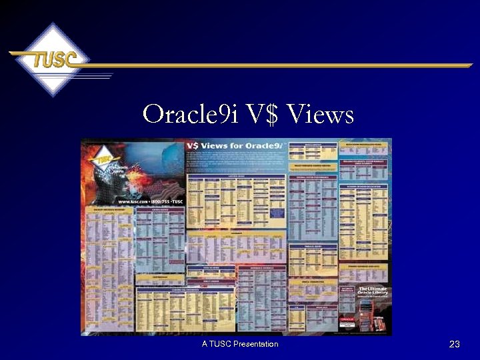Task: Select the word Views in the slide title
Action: point(320,115)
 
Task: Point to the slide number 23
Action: point(455,345)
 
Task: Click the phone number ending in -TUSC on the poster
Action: point(164,201)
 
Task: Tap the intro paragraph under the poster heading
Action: point(237,160)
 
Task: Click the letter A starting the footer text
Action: point(205,344)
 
